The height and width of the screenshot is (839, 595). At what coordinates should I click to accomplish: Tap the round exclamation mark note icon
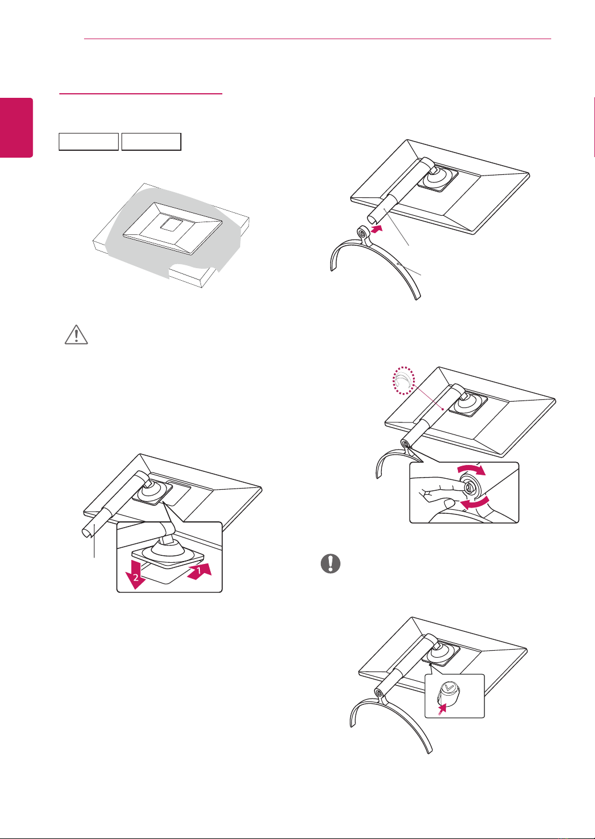coord(331,565)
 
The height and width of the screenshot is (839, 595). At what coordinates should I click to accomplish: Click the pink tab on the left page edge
coord(16,127)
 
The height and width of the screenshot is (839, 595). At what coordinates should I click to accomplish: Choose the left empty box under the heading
coord(89,142)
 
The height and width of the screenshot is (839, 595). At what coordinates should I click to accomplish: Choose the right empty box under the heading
coord(151,142)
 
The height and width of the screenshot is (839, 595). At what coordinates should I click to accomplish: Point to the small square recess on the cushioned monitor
coord(171,224)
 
